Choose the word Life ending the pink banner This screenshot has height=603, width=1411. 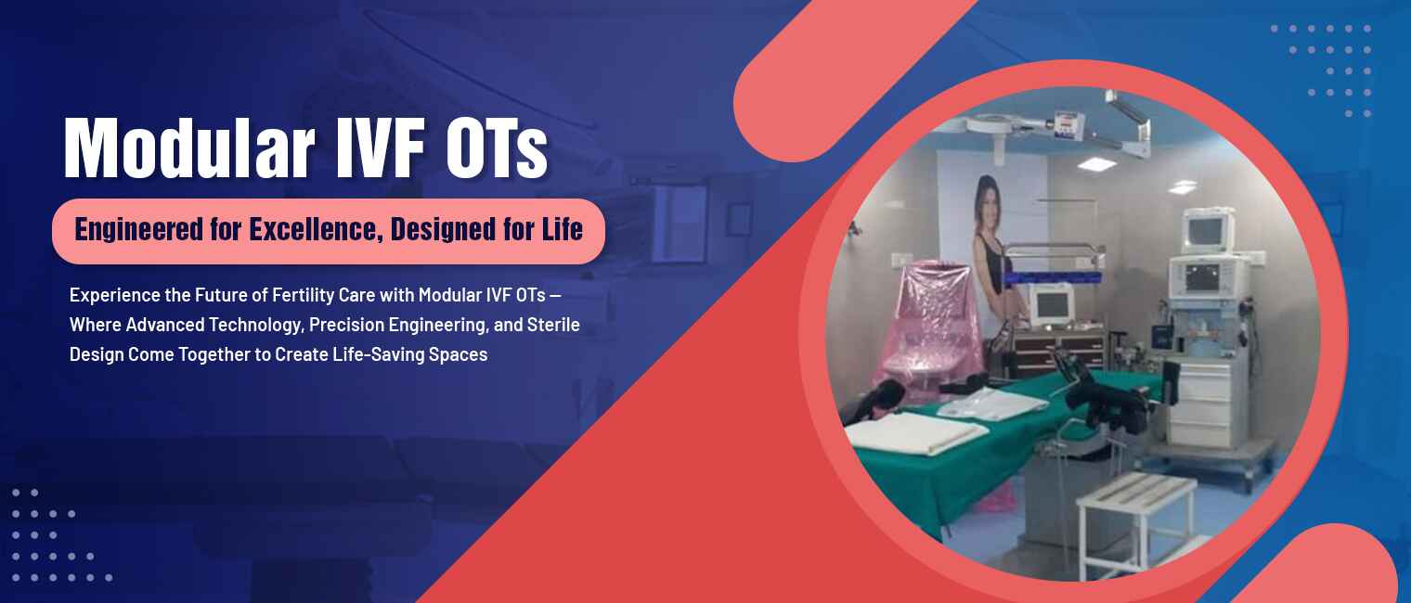(x=563, y=229)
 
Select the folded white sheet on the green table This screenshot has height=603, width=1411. (x=915, y=432)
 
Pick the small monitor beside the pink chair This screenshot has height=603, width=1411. (x=1049, y=302)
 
